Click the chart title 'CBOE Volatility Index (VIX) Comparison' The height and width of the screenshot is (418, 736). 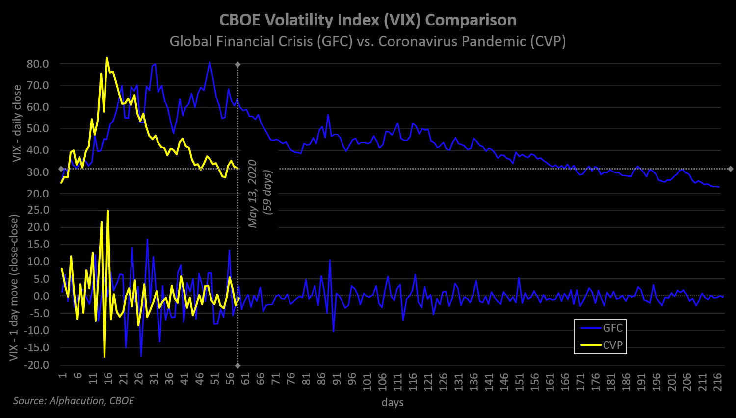368,20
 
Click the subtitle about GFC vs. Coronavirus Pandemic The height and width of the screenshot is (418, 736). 368,41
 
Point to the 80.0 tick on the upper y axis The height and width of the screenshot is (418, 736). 38,64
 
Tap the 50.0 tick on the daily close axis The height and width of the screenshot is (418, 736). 38,128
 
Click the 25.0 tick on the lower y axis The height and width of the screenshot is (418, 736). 38,210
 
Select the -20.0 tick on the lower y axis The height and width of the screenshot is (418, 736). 37,365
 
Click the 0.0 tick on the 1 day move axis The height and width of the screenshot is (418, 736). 42,296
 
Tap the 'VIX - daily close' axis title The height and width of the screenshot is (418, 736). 17,123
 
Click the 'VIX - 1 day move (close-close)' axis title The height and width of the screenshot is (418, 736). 14,288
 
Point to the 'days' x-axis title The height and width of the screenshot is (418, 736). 393,403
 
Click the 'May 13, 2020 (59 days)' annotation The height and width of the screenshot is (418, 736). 260,193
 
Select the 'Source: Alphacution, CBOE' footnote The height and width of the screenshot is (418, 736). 74,401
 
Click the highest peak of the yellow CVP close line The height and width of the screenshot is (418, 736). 107,58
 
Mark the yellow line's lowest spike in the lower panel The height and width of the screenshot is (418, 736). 105,357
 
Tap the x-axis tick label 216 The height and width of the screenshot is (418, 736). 717,381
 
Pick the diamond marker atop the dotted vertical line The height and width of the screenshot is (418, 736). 238,64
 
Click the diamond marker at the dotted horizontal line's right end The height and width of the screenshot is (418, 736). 730,169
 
